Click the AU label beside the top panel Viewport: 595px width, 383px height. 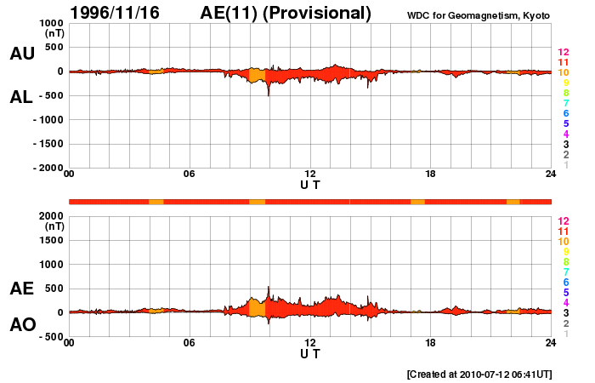click(22, 54)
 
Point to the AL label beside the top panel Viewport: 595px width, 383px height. click(22, 97)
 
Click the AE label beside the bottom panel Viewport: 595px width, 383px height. click(22, 289)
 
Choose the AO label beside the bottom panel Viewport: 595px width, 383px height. click(22, 325)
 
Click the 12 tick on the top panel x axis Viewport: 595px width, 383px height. click(310, 174)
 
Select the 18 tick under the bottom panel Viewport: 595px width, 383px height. click(431, 343)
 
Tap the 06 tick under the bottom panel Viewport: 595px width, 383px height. click(190, 343)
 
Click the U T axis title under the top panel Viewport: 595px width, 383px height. click(310, 184)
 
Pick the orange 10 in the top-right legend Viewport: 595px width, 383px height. click(563, 72)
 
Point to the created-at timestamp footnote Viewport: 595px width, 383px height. click(479, 374)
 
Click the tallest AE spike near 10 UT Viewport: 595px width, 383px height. click(269, 289)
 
